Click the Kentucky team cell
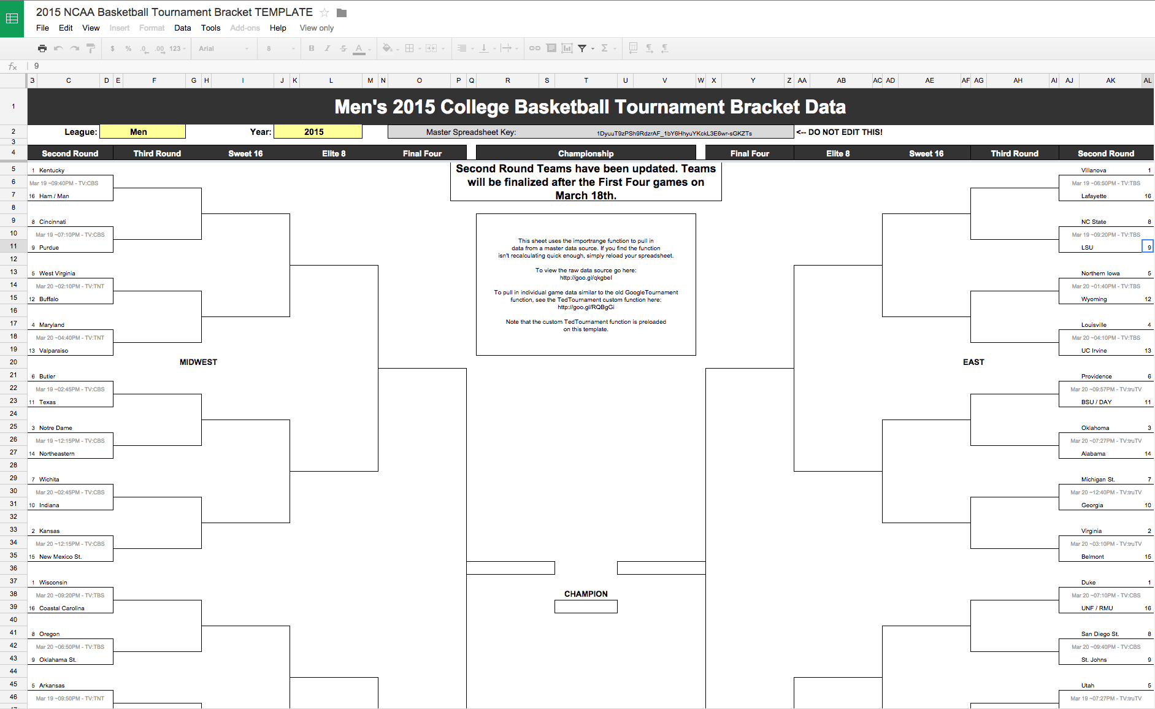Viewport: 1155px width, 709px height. [x=52, y=171]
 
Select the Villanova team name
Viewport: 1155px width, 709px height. [x=1094, y=171]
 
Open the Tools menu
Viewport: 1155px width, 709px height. [x=210, y=28]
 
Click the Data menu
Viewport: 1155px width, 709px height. [x=182, y=28]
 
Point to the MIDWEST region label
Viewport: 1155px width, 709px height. [x=198, y=362]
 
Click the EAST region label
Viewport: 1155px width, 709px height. [x=973, y=362]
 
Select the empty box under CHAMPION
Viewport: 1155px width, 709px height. [x=586, y=607]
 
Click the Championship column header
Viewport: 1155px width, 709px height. [x=586, y=153]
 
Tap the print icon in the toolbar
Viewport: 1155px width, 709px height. [x=42, y=48]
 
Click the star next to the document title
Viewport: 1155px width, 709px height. [x=324, y=13]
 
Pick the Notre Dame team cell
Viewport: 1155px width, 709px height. [x=56, y=428]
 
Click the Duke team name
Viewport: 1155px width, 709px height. [x=1088, y=583]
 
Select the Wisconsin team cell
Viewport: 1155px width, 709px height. [x=53, y=583]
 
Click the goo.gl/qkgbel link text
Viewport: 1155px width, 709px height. [x=586, y=278]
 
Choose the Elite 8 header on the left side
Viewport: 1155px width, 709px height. [x=334, y=153]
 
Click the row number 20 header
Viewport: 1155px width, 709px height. [x=13, y=362]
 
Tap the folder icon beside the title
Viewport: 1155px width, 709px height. [x=342, y=13]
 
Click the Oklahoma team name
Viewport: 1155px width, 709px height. [x=1095, y=428]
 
